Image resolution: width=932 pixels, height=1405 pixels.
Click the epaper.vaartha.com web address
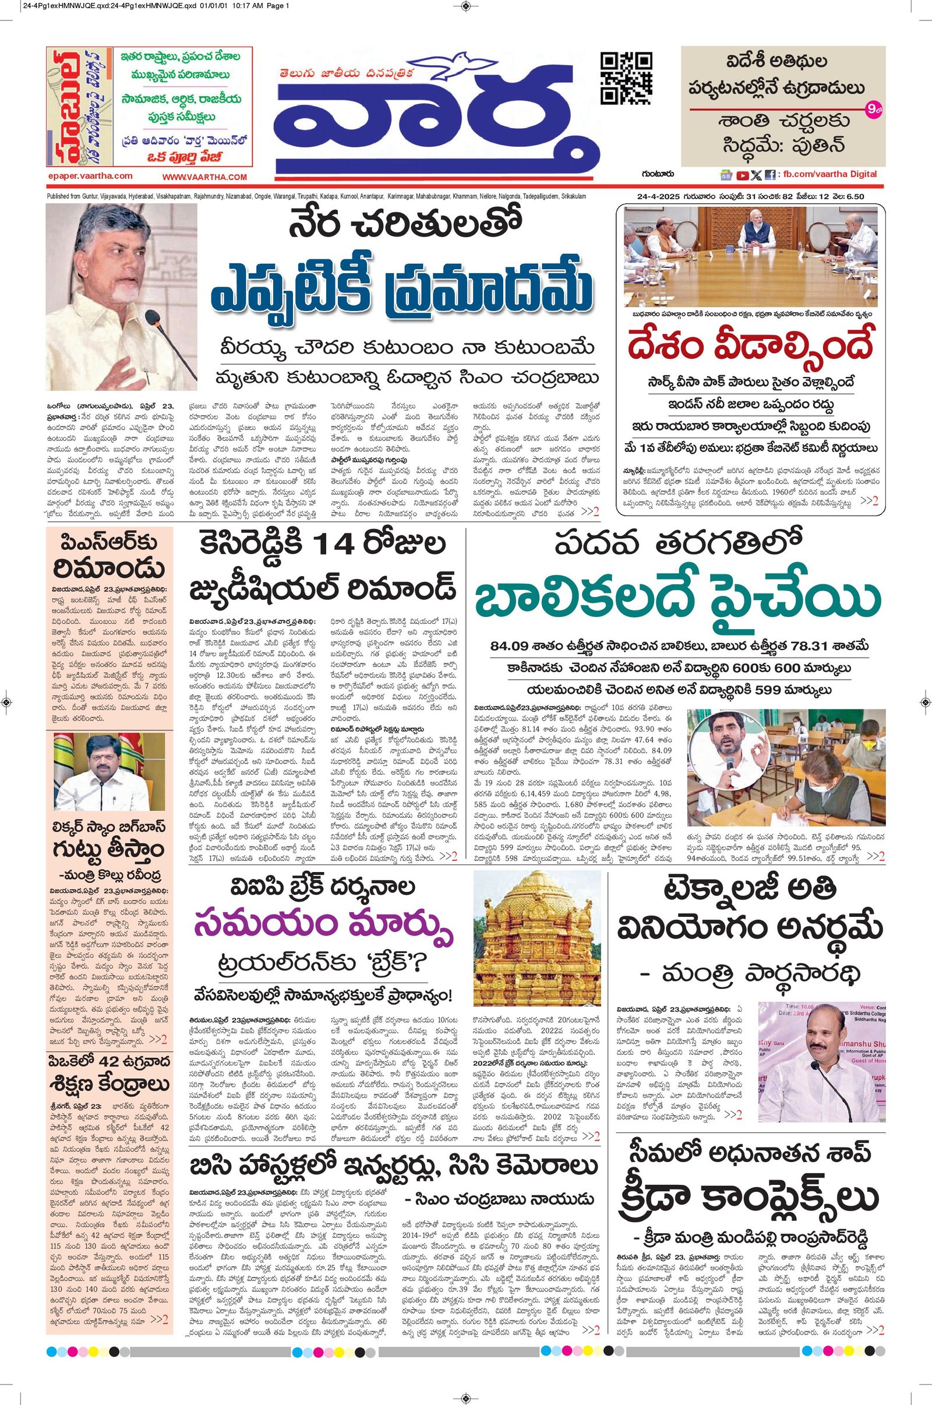(x=90, y=176)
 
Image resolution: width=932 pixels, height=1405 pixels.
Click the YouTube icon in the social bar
(x=742, y=175)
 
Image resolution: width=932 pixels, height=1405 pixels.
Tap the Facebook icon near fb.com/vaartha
(x=770, y=175)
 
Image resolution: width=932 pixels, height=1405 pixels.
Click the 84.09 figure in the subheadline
(x=517, y=647)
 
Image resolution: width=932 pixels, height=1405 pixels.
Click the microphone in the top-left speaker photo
(x=157, y=324)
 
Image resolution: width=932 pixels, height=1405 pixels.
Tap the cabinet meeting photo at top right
(x=751, y=256)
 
